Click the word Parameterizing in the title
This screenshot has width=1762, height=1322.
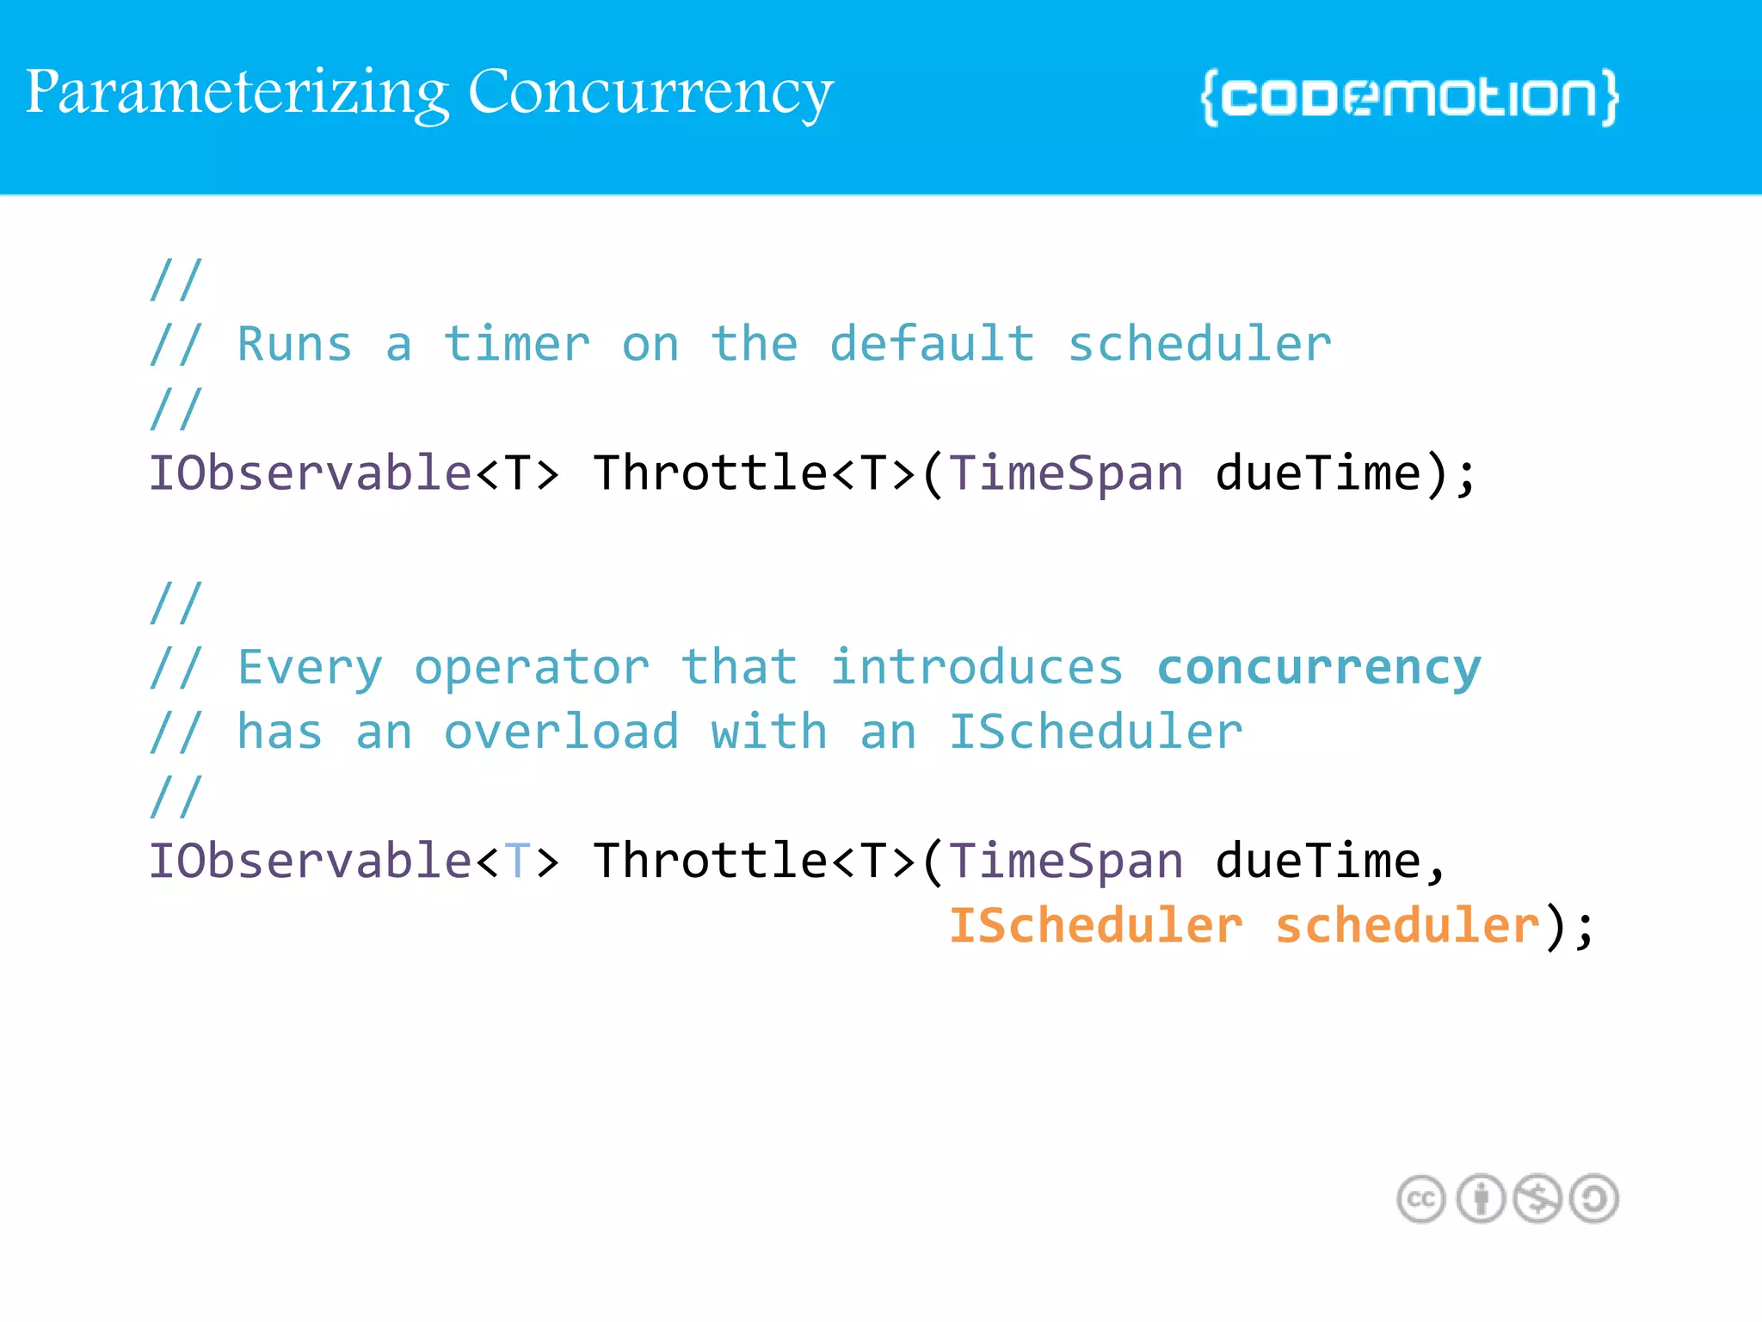[237, 93]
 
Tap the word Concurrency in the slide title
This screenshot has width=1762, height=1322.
[650, 93]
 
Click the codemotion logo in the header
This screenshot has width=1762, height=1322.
[1409, 97]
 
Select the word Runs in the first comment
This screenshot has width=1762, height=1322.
[294, 344]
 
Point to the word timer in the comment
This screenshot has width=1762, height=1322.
[516, 344]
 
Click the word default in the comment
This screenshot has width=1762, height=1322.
[932, 344]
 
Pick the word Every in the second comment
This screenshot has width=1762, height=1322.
[309, 668]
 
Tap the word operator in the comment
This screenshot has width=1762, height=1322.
[531, 668]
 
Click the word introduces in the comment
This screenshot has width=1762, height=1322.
[976, 668]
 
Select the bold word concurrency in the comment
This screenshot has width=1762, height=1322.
[1318, 668]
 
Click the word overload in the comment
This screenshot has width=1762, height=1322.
[561, 732]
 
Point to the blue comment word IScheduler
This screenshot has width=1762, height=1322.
[1095, 732]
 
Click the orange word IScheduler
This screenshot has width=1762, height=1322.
[1095, 926]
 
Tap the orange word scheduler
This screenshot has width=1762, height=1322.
[1407, 926]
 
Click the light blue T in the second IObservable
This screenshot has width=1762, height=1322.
[517, 862]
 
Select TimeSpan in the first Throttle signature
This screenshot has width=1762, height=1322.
[1066, 474]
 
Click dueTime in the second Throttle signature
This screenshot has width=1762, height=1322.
[1317, 862]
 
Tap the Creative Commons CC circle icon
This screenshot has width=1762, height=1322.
[1420, 1199]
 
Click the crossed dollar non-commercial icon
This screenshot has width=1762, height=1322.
[1537, 1199]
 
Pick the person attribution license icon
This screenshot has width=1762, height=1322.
[1481, 1199]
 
